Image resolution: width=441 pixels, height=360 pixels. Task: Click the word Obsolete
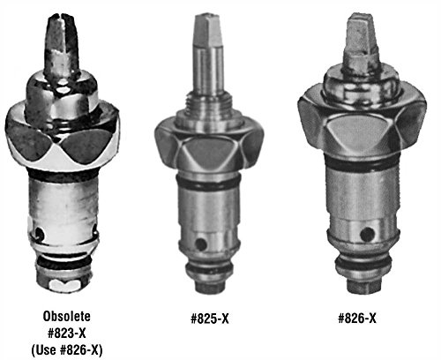coord(67,317)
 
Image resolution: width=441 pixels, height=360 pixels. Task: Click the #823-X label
coord(67,334)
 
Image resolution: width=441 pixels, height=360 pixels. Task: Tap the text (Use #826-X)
coord(67,350)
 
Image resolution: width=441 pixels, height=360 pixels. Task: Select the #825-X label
coord(210,319)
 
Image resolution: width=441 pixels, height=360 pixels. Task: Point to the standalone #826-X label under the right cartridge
coord(357,319)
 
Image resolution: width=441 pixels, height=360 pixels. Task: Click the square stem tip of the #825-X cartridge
coord(207,29)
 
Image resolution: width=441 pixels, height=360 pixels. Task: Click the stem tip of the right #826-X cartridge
coord(362,35)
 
